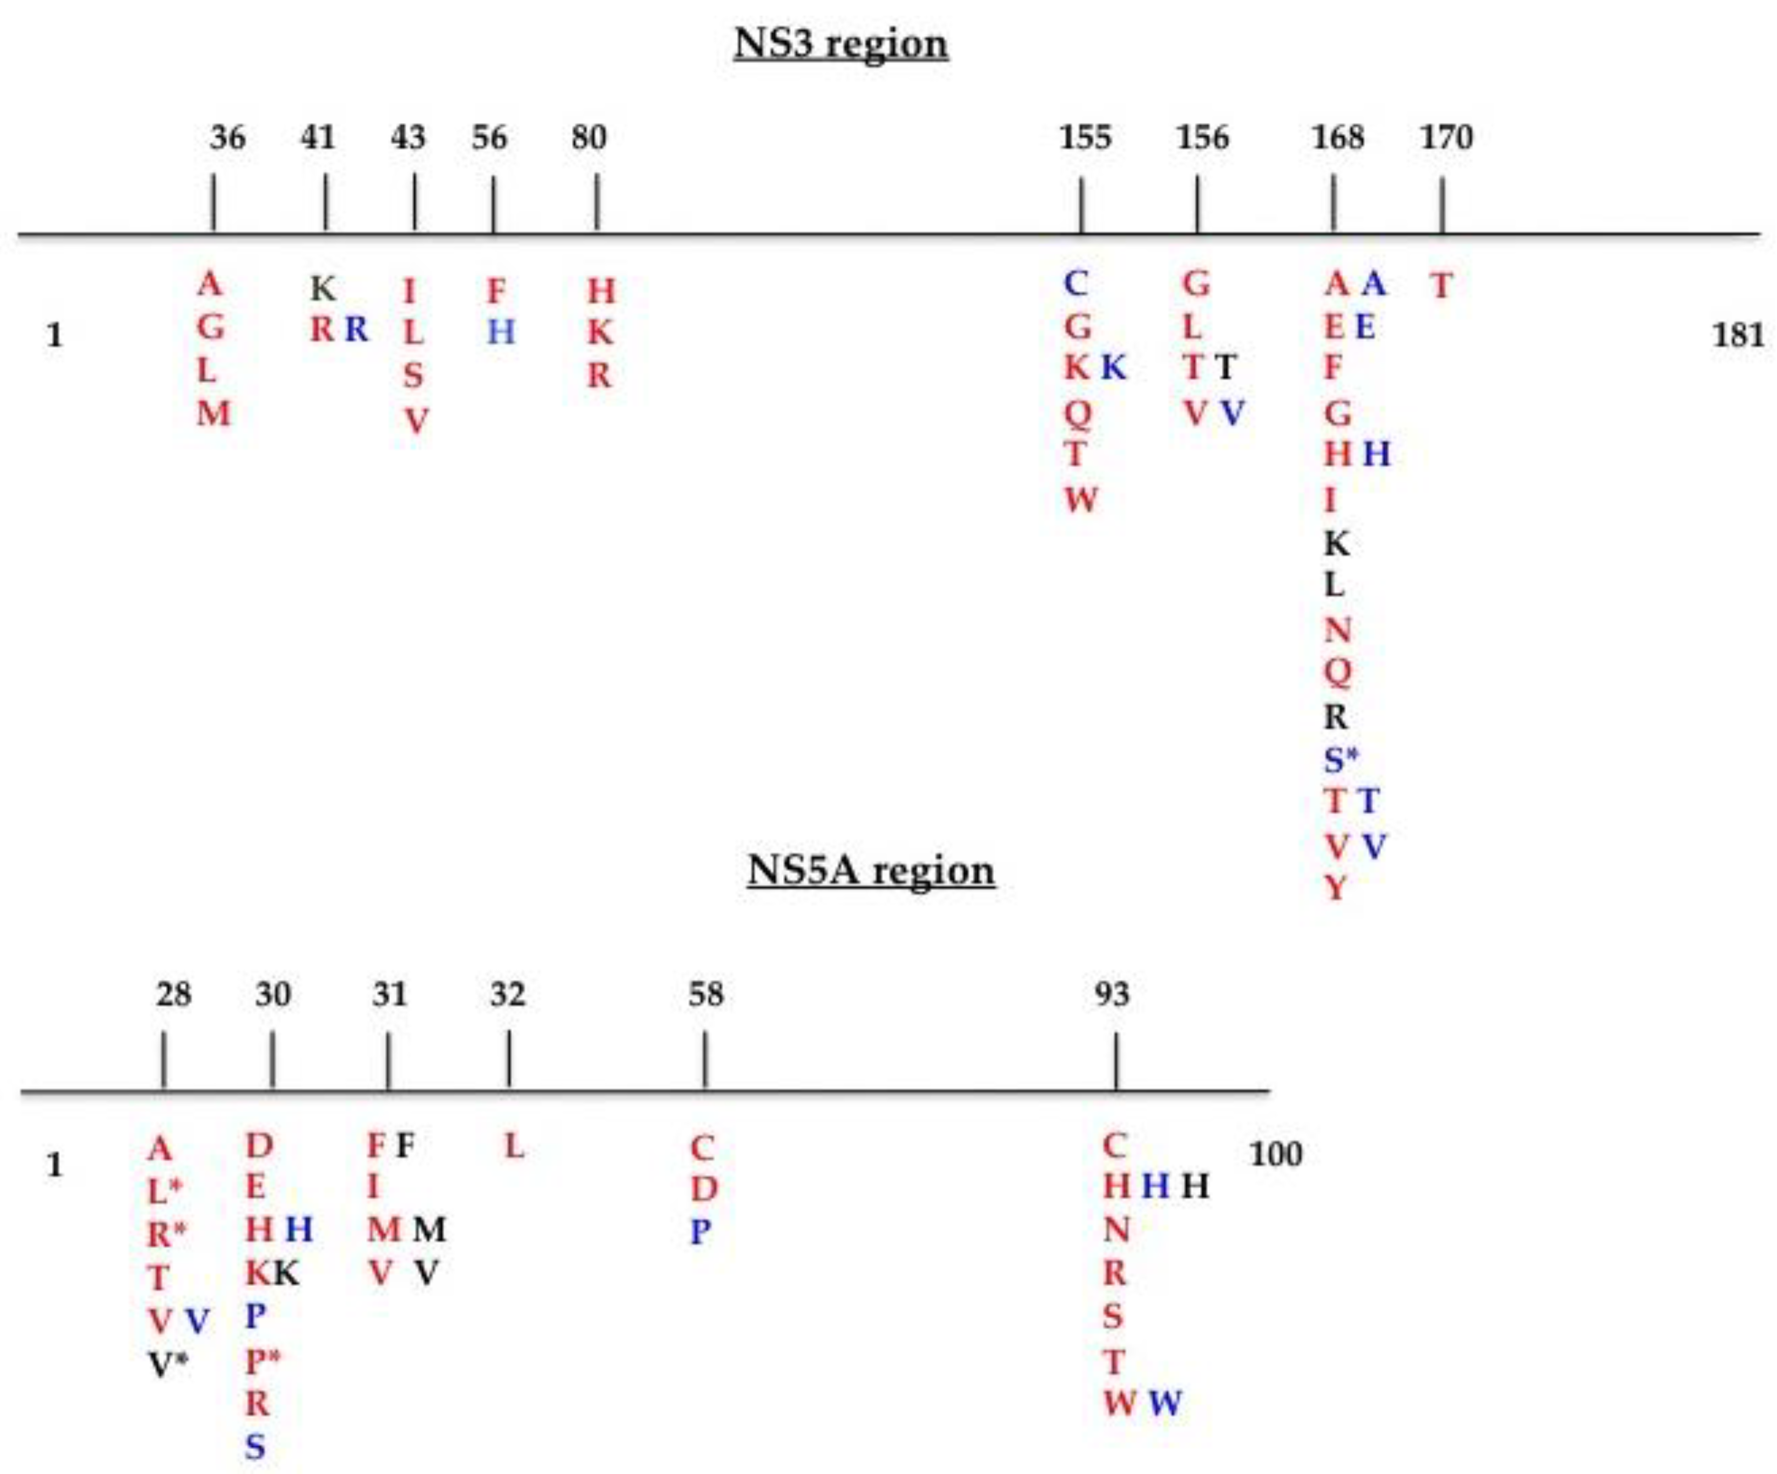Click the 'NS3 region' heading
[x=840, y=44]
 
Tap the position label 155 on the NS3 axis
[x=1085, y=137]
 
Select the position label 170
[x=1446, y=137]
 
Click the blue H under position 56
[x=500, y=332]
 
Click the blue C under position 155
[x=1075, y=284]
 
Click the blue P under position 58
[x=701, y=1232]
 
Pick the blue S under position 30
[x=255, y=1447]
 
